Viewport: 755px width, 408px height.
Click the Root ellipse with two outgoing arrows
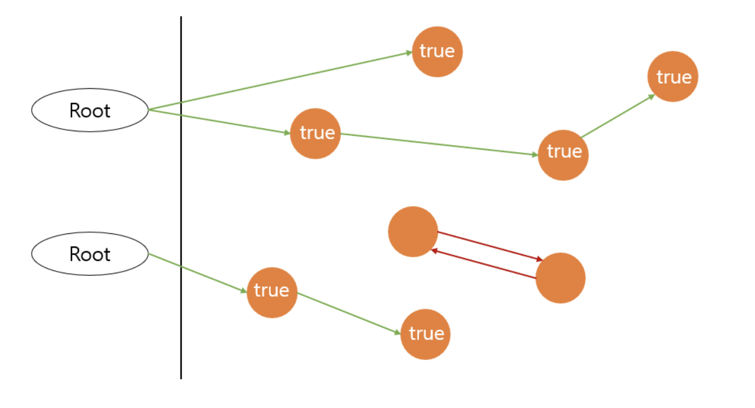90,110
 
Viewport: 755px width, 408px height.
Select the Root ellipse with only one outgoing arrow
90,254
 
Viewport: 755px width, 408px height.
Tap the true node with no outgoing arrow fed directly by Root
437,52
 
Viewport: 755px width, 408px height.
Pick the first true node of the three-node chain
315,133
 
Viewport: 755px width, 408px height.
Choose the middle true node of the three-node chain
563,155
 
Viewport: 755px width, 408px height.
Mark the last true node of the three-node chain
673,76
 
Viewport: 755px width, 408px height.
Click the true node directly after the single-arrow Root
272,292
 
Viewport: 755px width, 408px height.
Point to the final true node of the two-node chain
425,334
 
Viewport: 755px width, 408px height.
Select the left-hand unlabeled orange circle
413,232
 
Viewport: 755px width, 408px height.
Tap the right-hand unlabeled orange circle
560,278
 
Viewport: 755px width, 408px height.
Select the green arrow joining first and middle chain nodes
439,144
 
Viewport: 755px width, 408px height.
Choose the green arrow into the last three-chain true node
618,116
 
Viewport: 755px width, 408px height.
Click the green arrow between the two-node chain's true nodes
348,313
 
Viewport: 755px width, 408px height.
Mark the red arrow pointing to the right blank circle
491,246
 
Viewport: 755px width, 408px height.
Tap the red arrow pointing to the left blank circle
484,264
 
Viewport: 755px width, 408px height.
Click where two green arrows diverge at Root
150,109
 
